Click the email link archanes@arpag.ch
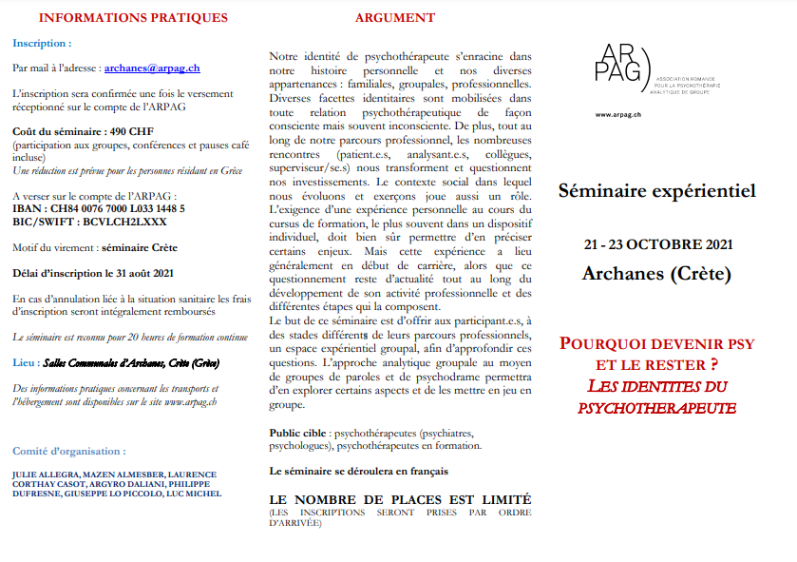click(x=152, y=68)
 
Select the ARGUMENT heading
click(x=395, y=18)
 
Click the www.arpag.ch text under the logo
click(x=617, y=114)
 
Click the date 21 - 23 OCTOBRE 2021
click(x=657, y=245)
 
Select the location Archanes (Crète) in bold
click(x=656, y=275)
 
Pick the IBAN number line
click(x=99, y=207)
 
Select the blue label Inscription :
click(x=42, y=43)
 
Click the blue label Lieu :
click(x=26, y=362)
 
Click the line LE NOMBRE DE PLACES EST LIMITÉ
click(x=400, y=499)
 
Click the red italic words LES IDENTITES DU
click(x=655, y=386)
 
